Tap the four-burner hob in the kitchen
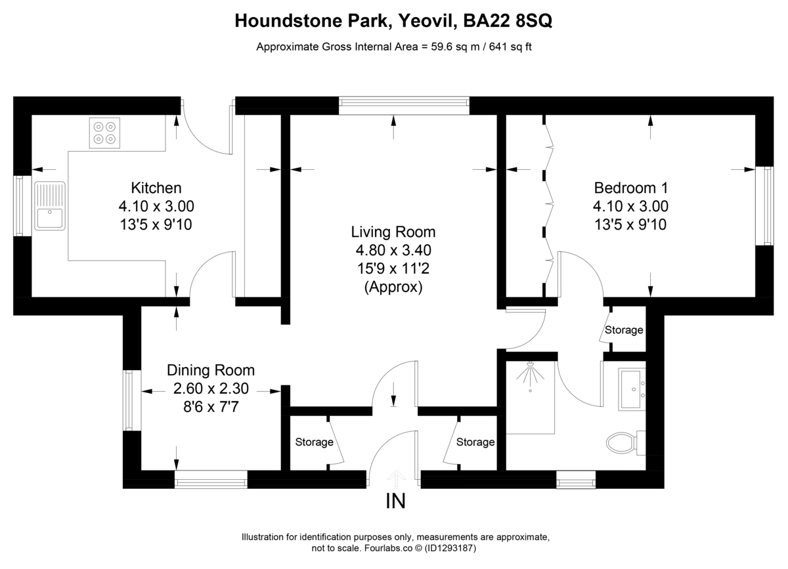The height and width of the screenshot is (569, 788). coord(104,133)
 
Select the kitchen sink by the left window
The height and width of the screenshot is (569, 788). coord(50,206)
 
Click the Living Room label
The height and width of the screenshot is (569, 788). coord(393,232)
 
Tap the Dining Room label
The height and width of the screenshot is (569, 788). coord(210,370)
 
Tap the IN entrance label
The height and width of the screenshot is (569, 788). coord(395,502)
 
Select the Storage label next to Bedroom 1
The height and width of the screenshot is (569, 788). coord(624,330)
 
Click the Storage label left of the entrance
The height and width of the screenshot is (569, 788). coord(314,442)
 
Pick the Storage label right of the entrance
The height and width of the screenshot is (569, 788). coord(475,442)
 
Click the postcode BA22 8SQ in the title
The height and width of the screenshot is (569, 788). coord(508,22)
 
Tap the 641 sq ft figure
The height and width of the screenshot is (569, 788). coord(508,47)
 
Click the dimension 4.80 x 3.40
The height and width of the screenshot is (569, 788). coord(393,250)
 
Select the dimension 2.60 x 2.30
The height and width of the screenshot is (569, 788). coord(210,389)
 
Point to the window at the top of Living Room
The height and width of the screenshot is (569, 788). coord(405,106)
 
